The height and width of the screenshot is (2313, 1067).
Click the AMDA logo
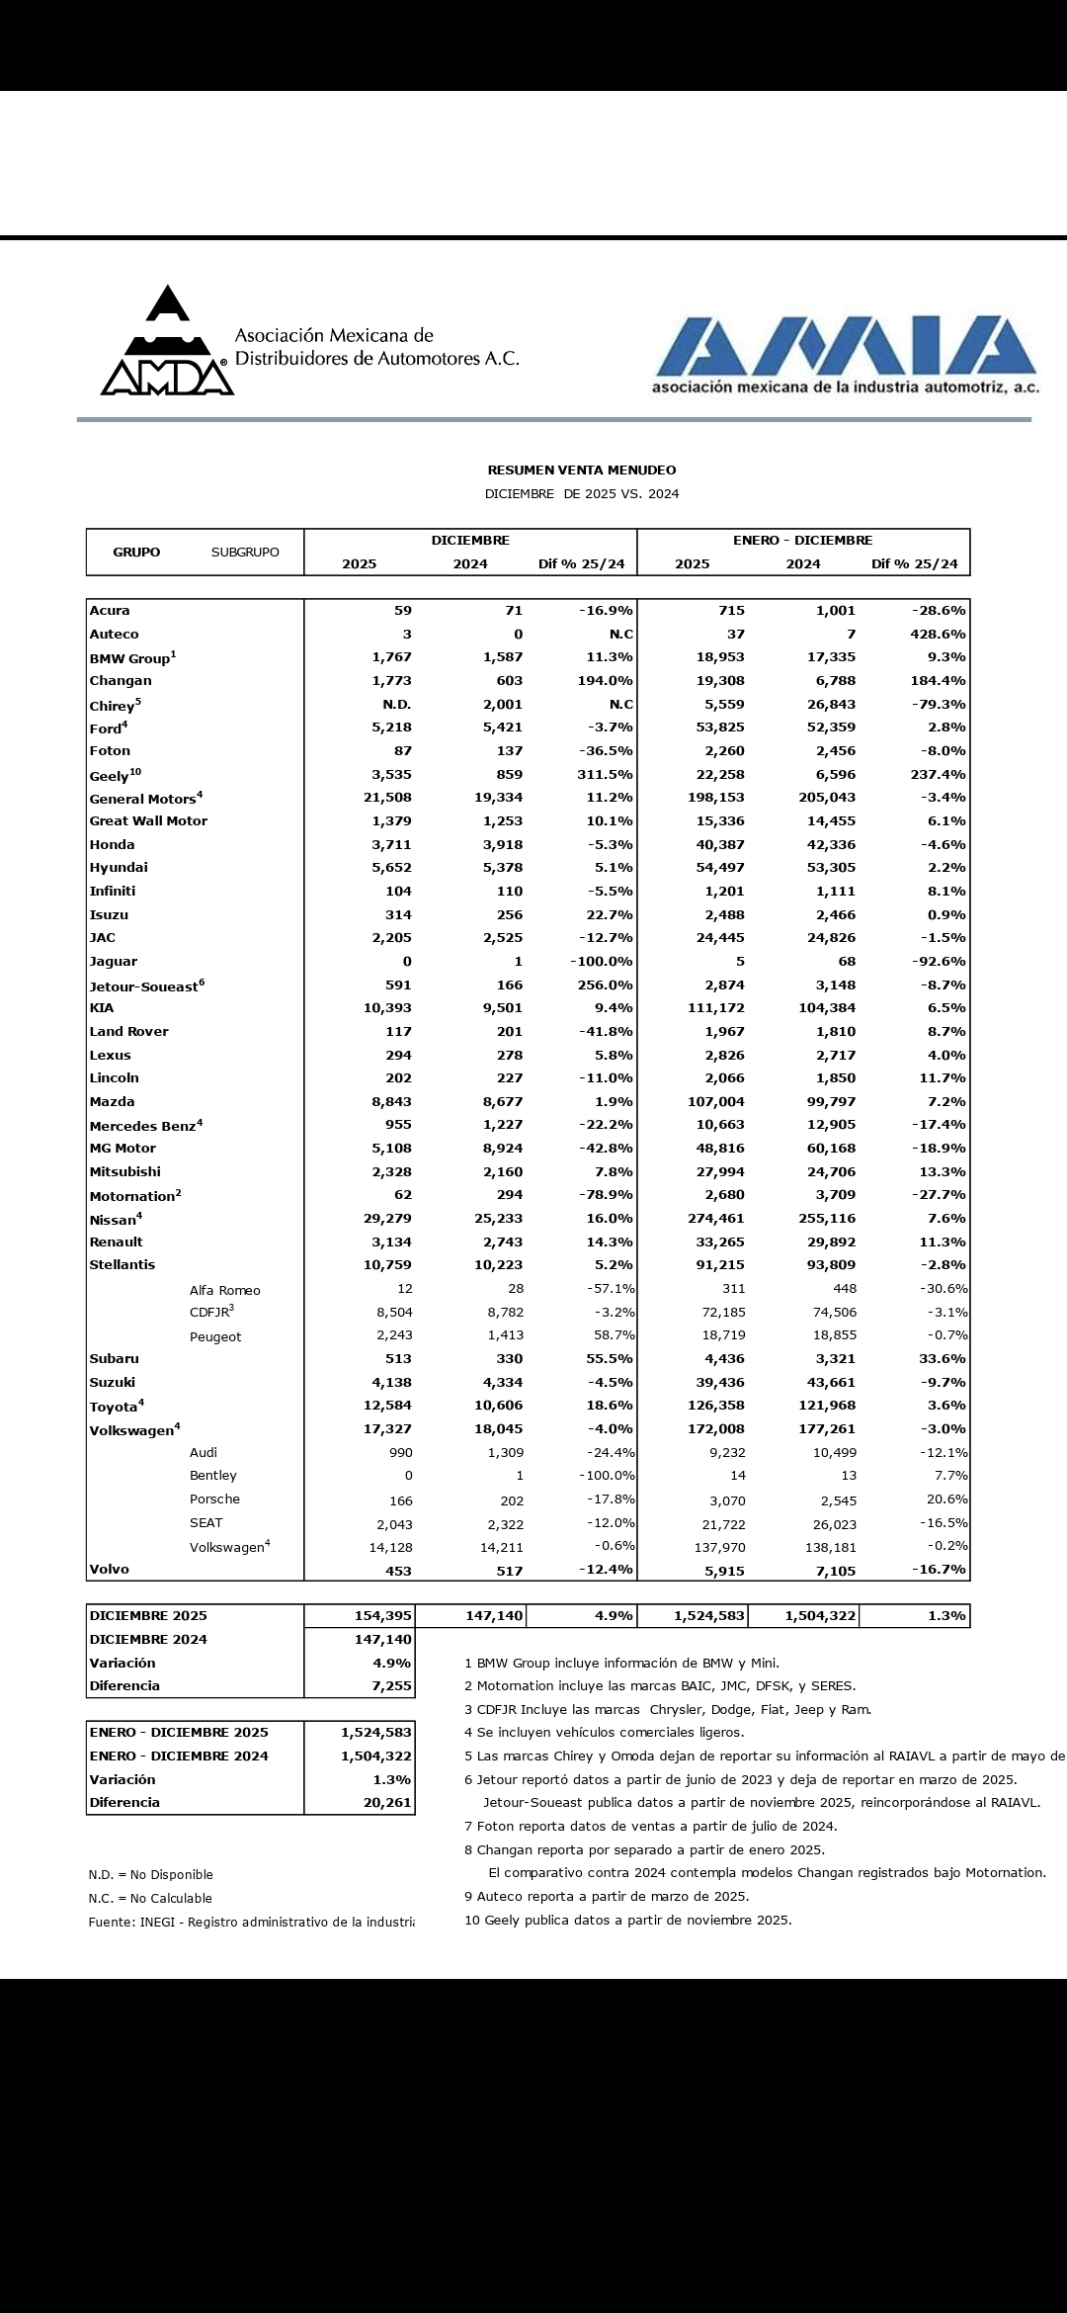[x=167, y=342]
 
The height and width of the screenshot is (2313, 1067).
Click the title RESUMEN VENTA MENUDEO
[x=581, y=471]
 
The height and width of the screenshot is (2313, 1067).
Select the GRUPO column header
[x=136, y=553]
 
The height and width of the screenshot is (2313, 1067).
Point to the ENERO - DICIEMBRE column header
[x=802, y=541]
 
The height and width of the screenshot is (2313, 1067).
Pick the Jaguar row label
[x=114, y=962]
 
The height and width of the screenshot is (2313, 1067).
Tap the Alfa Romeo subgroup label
[x=225, y=1290]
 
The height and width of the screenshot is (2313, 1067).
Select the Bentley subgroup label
[x=213, y=1476]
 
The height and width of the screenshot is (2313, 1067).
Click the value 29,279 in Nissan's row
[x=387, y=1219]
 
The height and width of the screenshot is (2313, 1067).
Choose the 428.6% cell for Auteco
[x=938, y=635]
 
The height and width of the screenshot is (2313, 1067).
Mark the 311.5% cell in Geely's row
[x=605, y=775]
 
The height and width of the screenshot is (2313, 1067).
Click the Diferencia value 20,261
[x=387, y=1803]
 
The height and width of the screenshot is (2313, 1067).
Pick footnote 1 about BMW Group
[x=621, y=1664]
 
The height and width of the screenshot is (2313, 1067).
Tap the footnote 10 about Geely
[x=627, y=1921]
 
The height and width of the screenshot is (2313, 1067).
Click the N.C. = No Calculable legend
[x=150, y=1898]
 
